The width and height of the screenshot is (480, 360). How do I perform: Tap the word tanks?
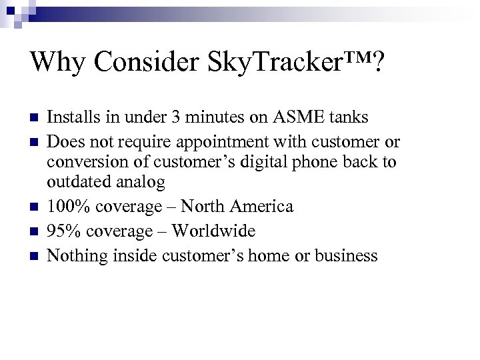(x=347, y=119)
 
